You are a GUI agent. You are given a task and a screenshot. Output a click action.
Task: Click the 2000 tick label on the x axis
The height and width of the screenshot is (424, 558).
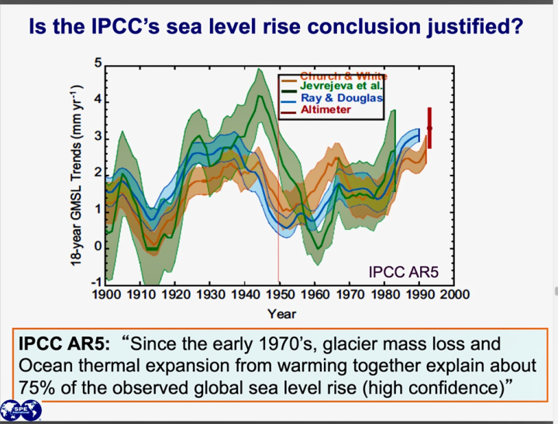click(456, 294)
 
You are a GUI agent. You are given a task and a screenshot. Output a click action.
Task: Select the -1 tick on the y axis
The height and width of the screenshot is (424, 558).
click(96, 282)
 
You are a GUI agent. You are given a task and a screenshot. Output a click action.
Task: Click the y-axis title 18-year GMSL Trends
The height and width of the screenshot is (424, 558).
click(75, 173)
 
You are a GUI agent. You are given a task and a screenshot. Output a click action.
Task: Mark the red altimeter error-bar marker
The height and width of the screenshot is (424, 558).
click(429, 128)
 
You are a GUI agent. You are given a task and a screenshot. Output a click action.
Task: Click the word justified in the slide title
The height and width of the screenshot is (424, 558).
click(478, 27)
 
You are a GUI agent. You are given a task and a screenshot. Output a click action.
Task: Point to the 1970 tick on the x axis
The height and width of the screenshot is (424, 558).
click(350, 294)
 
